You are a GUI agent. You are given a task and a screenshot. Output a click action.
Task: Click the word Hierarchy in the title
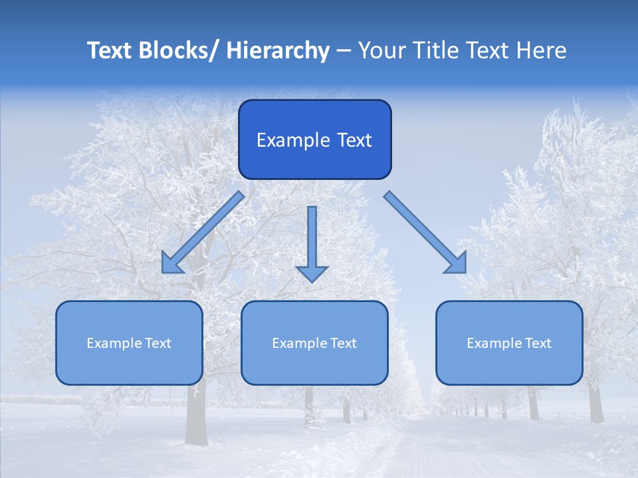click(277, 51)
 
